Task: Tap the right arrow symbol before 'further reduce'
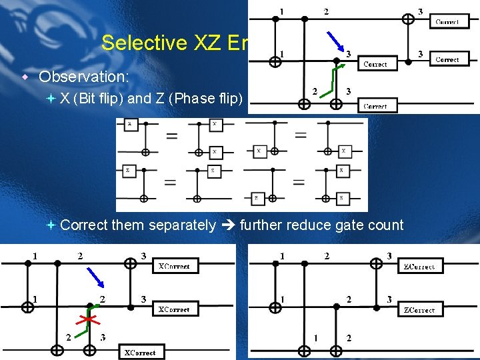(228, 225)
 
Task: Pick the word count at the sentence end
(387, 225)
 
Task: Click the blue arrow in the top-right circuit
(334, 41)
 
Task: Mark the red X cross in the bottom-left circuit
(85, 319)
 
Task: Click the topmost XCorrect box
(173, 266)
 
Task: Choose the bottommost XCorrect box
(139, 352)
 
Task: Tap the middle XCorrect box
(173, 309)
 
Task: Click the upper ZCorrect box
(419, 266)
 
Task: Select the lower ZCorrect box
(419, 309)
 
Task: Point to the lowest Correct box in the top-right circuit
(376, 105)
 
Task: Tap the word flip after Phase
(229, 99)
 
